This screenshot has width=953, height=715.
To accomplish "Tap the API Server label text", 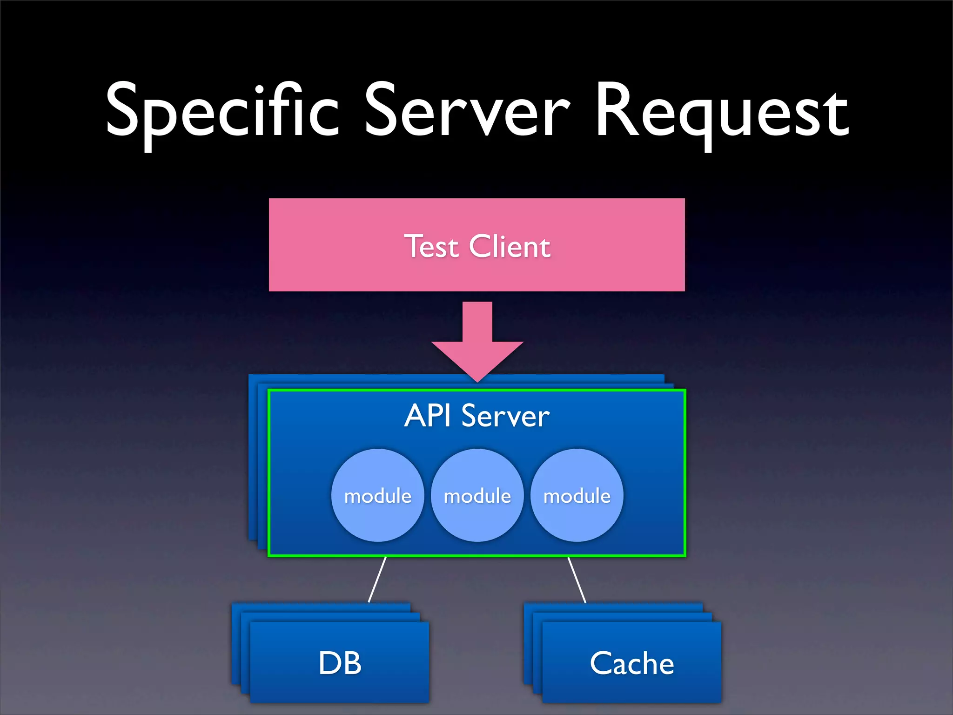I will pyautogui.click(x=477, y=416).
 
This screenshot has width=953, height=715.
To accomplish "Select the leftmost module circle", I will pyautogui.click(x=377, y=495).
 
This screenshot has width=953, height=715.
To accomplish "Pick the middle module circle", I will pyautogui.click(x=477, y=495).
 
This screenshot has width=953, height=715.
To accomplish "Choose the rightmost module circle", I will pyautogui.click(x=577, y=495).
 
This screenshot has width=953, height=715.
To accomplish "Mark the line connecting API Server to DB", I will pyautogui.click(x=377, y=580).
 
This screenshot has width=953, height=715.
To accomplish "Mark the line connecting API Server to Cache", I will pyautogui.click(x=577, y=580).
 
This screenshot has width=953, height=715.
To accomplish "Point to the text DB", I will pyautogui.click(x=340, y=663).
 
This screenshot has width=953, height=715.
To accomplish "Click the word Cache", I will pyautogui.click(x=631, y=663).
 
